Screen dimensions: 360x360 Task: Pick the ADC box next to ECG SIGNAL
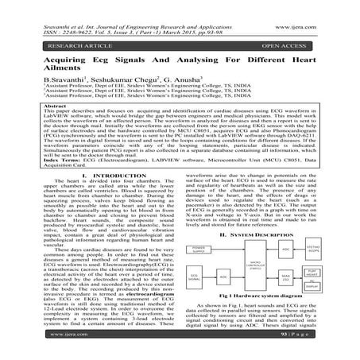[x=223, y=277]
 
